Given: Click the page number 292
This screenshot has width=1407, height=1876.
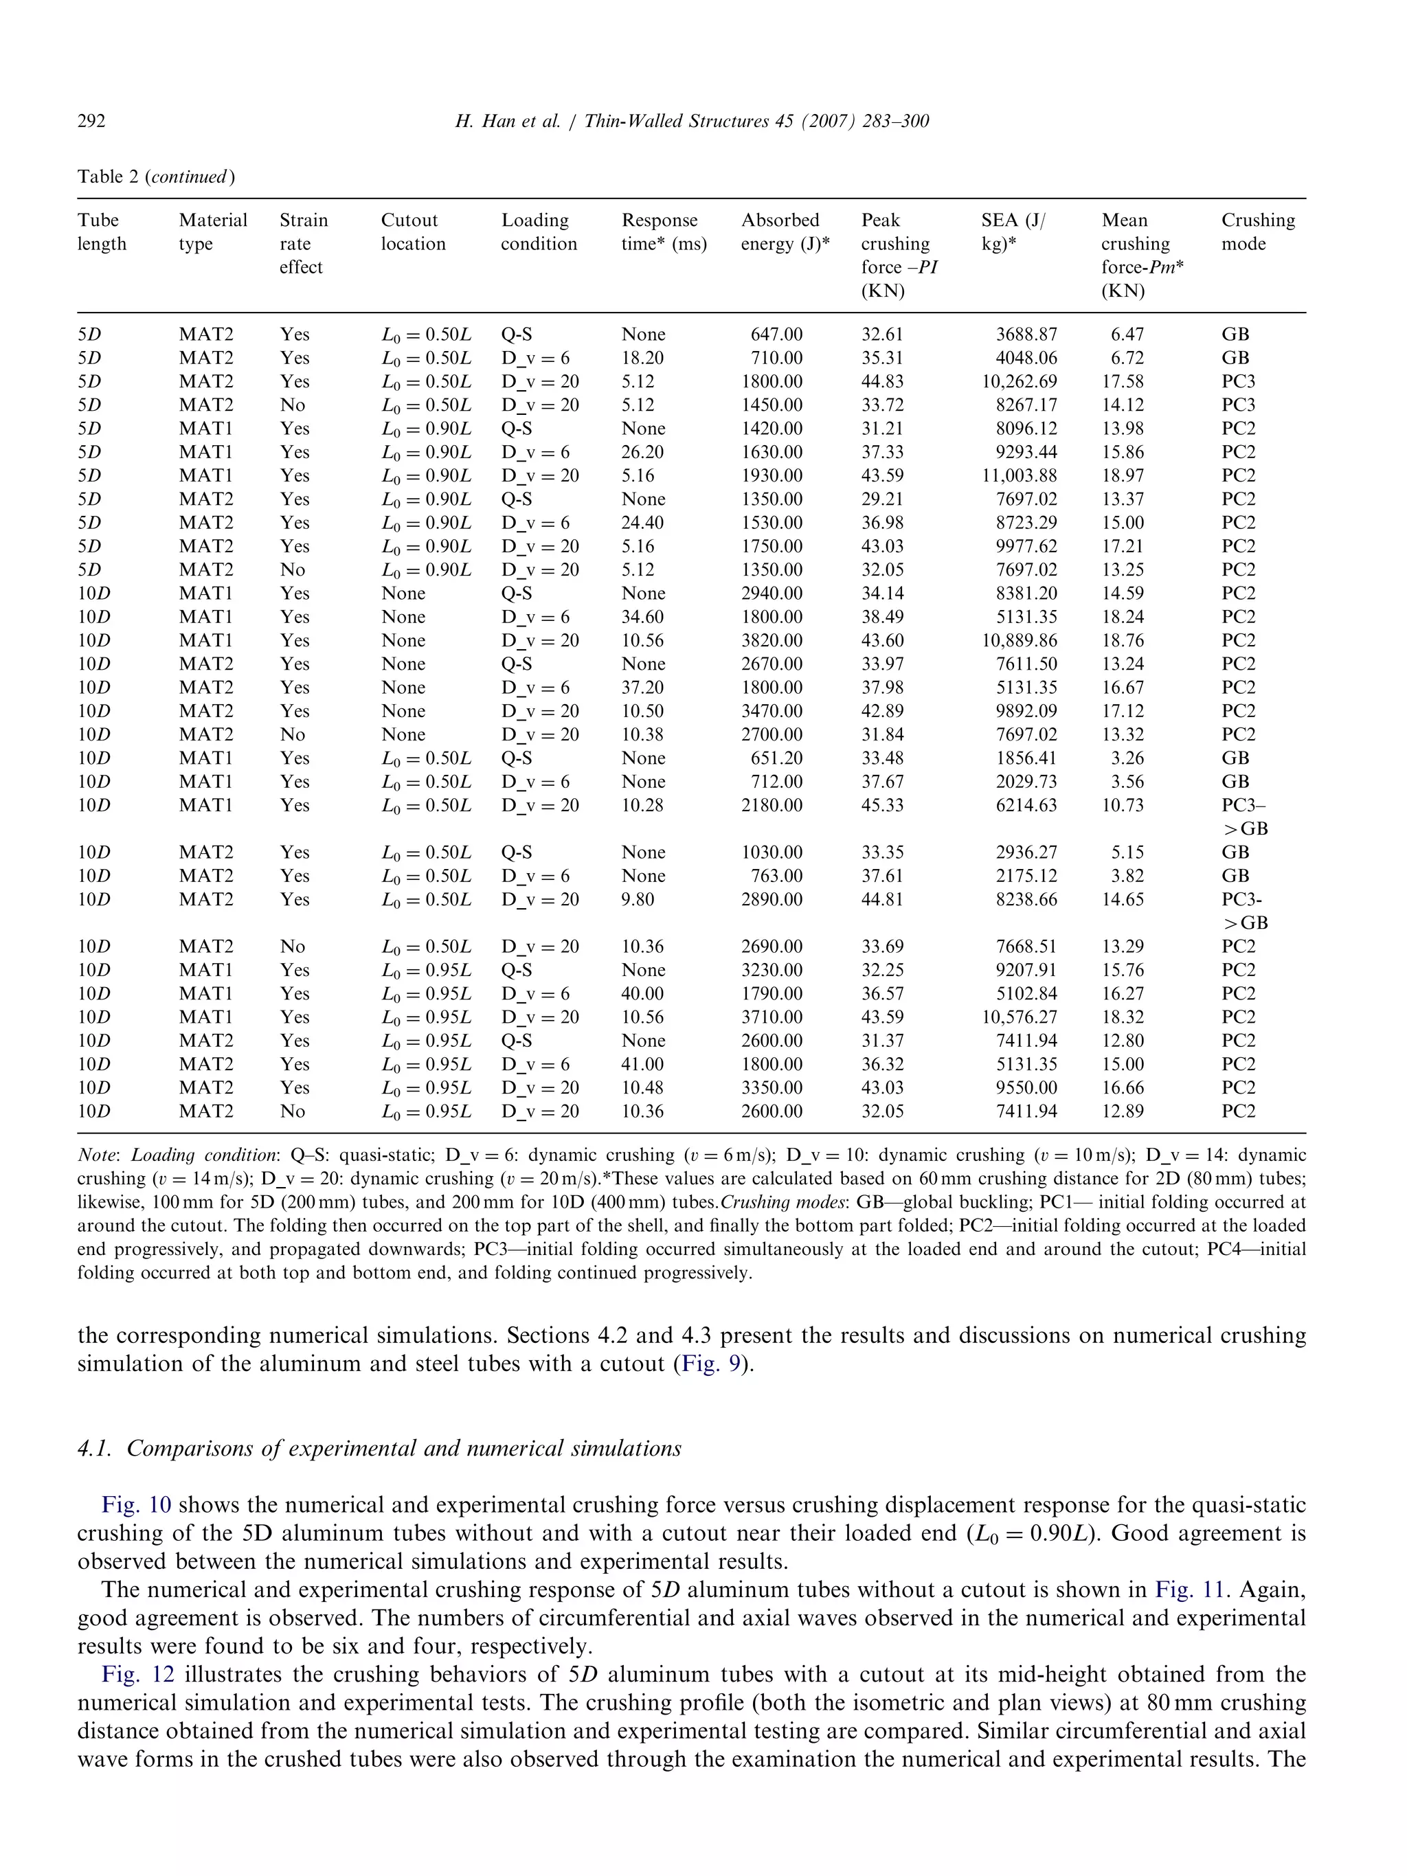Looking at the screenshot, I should click(91, 122).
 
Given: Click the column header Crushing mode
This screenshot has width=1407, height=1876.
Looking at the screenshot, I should click(1258, 231).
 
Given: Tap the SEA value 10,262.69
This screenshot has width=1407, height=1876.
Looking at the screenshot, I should click(1020, 382).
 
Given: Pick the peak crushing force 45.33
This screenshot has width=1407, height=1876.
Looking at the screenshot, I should click(882, 805).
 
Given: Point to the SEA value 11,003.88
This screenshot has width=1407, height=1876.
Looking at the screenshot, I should click(1020, 476).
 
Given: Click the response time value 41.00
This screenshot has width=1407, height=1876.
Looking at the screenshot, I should click(642, 1063).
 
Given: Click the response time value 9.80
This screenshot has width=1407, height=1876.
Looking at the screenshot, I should click(637, 899).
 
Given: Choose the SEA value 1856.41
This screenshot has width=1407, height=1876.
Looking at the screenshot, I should click(1026, 758).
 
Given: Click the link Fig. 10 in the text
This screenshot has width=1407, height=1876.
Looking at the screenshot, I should click(136, 1504).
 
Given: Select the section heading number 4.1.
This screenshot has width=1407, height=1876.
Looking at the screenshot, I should click(94, 1448).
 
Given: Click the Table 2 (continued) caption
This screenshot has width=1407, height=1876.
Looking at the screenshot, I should click(156, 177).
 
